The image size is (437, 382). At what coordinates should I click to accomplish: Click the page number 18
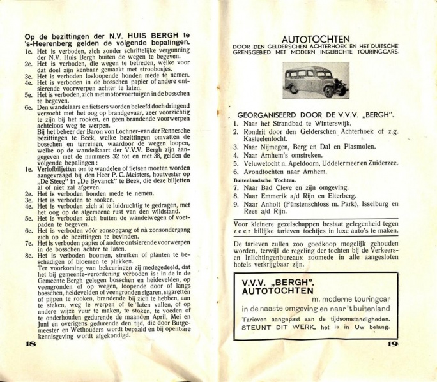(x=29, y=343)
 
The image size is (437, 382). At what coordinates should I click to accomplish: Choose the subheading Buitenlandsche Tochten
(x=261, y=180)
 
